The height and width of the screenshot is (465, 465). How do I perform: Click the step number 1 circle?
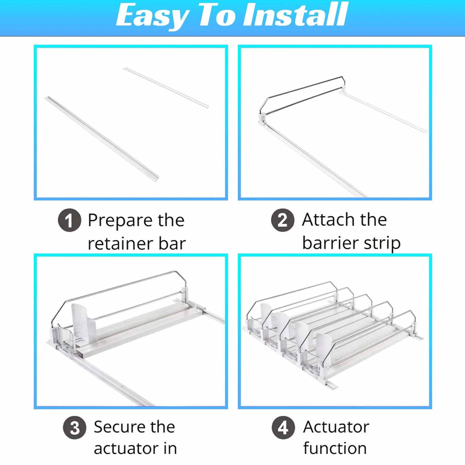[x=69, y=220]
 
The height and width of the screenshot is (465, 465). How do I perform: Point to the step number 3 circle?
[x=75, y=428]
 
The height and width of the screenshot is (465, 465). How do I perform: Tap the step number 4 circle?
[x=284, y=428]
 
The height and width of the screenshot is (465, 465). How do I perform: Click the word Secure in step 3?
[x=119, y=427]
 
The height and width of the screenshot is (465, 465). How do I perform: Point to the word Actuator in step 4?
[x=336, y=427]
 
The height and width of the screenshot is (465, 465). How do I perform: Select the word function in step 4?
[x=335, y=448]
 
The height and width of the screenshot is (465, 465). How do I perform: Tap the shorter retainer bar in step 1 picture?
[x=166, y=87]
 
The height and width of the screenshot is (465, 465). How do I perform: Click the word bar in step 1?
[x=172, y=243]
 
